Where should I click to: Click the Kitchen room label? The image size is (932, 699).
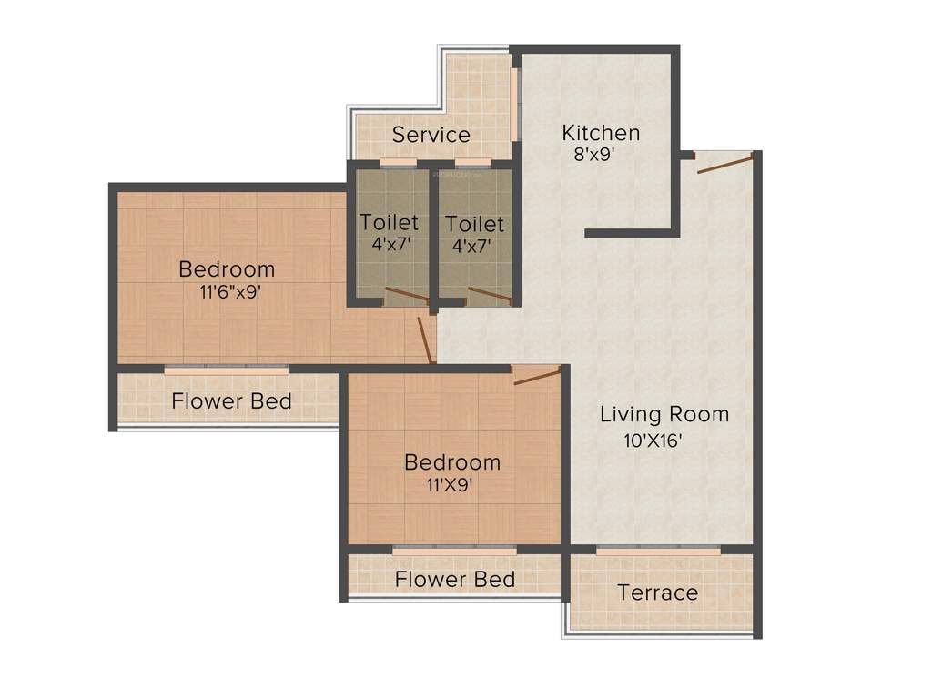pyautogui.click(x=601, y=133)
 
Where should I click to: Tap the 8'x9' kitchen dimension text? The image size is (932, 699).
pyautogui.click(x=595, y=155)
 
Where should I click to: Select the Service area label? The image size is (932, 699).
pyautogui.click(x=431, y=136)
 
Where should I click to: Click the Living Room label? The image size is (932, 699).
pyautogui.click(x=664, y=415)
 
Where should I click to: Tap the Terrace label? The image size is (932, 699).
pyautogui.click(x=658, y=593)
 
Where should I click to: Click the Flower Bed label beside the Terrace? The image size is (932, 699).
pyautogui.click(x=455, y=580)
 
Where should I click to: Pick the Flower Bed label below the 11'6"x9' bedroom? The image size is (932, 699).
pyautogui.click(x=231, y=401)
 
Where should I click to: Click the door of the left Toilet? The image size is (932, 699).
pyautogui.click(x=406, y=295)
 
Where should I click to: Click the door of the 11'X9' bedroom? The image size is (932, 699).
pyautogui.click(x=537, y=374)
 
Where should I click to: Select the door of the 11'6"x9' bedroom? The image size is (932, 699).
pyautogui.click(x=424, y=339)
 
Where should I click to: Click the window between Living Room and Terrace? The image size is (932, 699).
pyautogui.click(x=659, y=549)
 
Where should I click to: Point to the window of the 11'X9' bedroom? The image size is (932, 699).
pyautogui.click(x=454, y=549)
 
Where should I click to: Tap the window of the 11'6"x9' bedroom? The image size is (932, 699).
pyautogui.click(x=226, y=369)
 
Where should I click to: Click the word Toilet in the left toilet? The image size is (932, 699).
pyautogui.click(x=389, y=222)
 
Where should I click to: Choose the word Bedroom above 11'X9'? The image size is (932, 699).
pyautogui.click(x=452, y=462)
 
